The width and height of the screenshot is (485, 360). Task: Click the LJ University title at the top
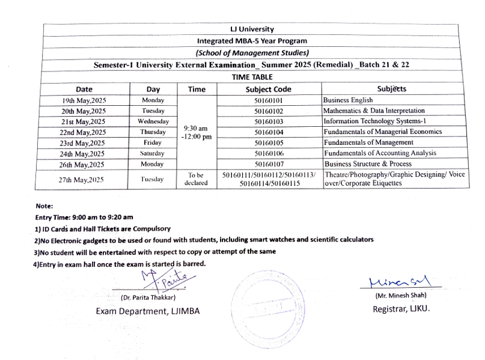point(252,29)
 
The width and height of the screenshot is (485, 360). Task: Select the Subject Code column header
point(269,89)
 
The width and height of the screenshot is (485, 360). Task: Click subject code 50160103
point(269,121)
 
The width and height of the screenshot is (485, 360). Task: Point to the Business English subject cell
point(348,100)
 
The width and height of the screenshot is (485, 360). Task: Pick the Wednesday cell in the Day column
point(153,121)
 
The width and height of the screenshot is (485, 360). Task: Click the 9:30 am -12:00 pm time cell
point(197,132)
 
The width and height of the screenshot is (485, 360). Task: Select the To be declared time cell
point(197,178)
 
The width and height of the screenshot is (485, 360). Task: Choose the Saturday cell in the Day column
point(153,153)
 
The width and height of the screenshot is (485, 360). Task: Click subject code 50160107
point(269,163)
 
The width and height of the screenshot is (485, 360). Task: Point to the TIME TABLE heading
point(252,77)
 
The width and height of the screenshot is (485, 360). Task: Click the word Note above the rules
point(44,206)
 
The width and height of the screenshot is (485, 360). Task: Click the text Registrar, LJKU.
point(401,309)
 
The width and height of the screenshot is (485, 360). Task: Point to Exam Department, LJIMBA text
point(148,311)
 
